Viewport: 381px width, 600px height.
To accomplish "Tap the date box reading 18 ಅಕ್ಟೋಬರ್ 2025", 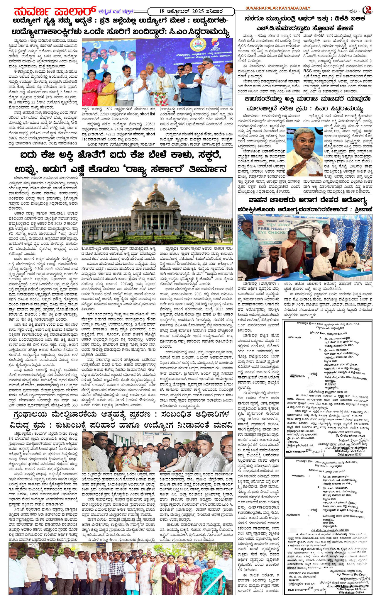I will click(191, 11).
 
